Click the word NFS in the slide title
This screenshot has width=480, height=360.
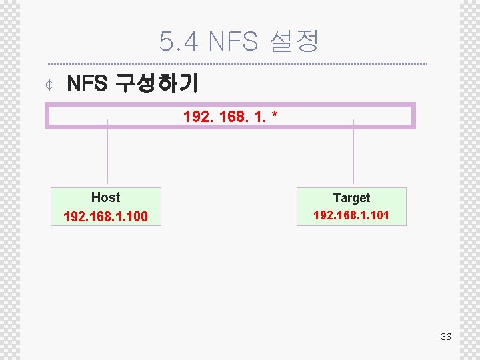pyautogui.click(x=233, y=42)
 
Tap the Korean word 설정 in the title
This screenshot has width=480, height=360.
pyautogui.click(x=293, y=42)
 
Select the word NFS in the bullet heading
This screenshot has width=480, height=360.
pyautogui.click(x=87, y=84)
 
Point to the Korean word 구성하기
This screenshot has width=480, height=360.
pyautogui.click(x=156, y=84)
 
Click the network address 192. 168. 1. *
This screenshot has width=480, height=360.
pyautogui.click(x=230, y=117)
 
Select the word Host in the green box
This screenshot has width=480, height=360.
pyautogui.click(x=105, y=197)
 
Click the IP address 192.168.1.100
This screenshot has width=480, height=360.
pyautogui.click(x=105, y=217)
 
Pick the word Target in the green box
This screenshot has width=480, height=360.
pyautogui.click(x=351, y=198)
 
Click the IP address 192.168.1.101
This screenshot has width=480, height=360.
pyautogui.click(x=351, y=215)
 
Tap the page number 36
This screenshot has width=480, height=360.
pyautogui.click(x=446, y=337)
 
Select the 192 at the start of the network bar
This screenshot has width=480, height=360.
pyautogui.click(x=195, y=117)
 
